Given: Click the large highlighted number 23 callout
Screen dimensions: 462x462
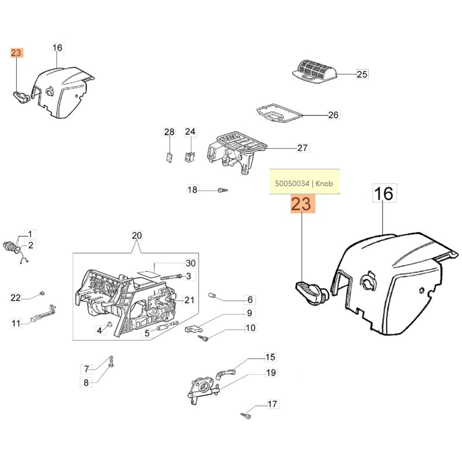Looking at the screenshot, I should pyautogui.click(x=303, y=204).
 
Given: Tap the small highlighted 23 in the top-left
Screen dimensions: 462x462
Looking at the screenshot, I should pyautogui.click(x=16, y=53).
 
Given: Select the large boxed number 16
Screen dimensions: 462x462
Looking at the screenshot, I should pyautogui.click(x=385, y=193).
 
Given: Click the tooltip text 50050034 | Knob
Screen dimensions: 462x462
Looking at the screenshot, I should pyautogui.click(x=304, y=183).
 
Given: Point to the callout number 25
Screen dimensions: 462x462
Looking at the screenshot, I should pyautogui.click(x=362, y=74).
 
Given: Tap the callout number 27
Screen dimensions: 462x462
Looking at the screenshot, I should pyautogui.click(x=302, y=148).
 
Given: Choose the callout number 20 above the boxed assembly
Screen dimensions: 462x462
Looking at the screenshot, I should pyautogui.click(x=137, y=236).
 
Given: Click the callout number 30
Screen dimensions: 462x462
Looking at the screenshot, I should pyautogui.click(x=191, y=263).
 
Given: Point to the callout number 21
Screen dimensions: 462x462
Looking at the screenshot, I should pyautogui.click(x=189, y=300).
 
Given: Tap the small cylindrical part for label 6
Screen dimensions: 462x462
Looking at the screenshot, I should pyautogui.click(x=212, y=295).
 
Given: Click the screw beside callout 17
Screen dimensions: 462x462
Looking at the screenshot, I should pyautogui.click(x=246, y=416).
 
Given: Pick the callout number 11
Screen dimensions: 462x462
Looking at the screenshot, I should pyautogui.click(x=16, y=323).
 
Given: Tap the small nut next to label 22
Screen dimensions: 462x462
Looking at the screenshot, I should pyautogui.click(x=42, y=294).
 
